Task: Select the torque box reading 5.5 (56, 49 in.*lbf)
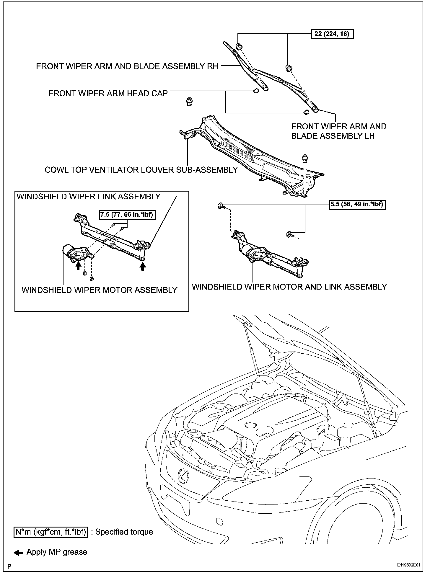(x=358, y=204)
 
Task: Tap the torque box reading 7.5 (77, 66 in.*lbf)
(x=127, y=215)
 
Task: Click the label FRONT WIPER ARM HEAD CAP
(x=108, y=93)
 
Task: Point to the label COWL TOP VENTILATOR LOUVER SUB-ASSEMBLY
(x=141, y=170)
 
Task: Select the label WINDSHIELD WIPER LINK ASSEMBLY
(x=89, y=197)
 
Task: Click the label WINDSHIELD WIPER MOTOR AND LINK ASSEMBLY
(x=289, y=287)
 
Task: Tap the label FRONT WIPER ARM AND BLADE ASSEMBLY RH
(x=127, y=66)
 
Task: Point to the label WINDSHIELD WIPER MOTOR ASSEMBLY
(x=99, y=290)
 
